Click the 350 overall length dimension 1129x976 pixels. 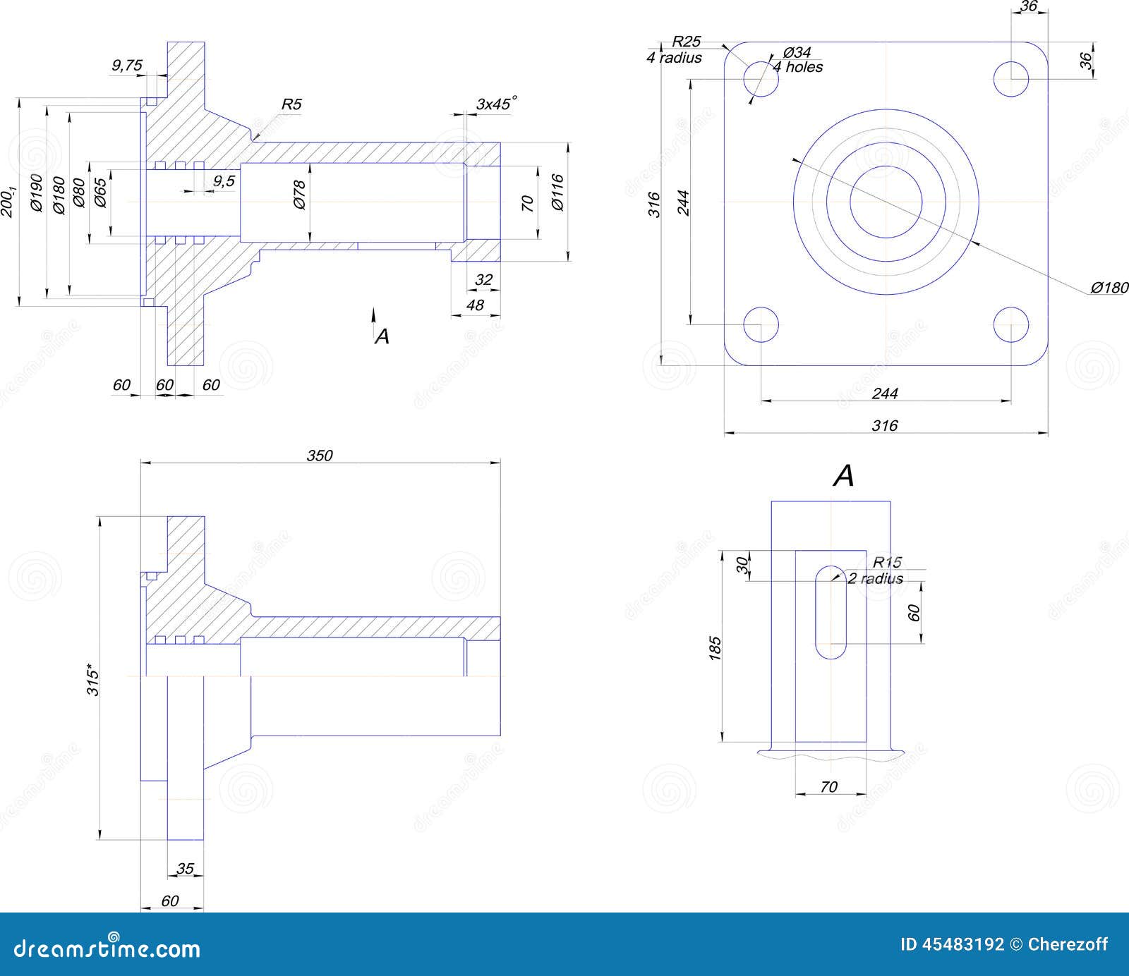coord(319,456)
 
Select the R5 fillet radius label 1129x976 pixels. coord(291,104)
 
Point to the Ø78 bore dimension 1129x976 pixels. coord(299,195)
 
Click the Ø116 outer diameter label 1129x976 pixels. coord(557,193)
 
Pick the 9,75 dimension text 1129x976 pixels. coord(127,66)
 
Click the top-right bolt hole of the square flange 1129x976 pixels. coord(1010,78)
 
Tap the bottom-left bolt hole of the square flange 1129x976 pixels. coord(761,324)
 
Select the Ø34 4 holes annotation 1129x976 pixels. coord(797,60)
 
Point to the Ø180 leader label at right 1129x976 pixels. coord(1109,288)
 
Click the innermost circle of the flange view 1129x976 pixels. coord(886,202)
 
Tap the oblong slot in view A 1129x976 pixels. coord(831,612)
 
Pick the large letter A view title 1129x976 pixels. coord(843,477)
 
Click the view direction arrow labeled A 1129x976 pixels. coord(375,319)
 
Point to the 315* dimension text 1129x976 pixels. coord(93,680)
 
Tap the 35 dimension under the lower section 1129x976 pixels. coord(185,868)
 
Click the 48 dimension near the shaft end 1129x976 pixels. coord(476,305)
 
